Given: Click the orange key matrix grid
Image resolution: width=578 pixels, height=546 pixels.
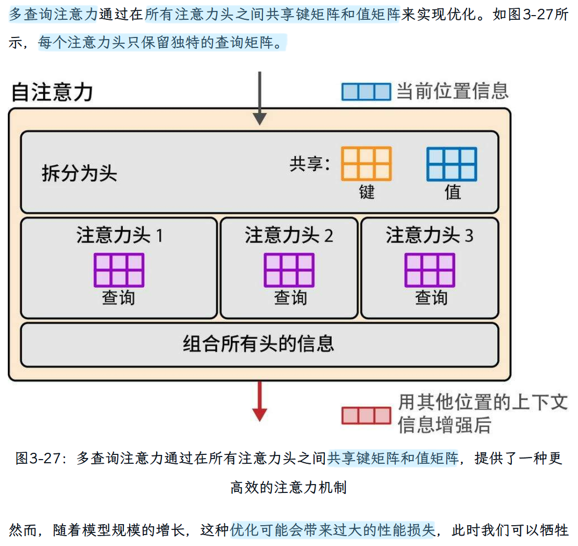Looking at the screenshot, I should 366,164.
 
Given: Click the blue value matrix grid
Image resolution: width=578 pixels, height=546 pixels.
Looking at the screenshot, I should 451,164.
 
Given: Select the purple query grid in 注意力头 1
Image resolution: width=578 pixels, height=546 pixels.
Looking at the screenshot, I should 119,270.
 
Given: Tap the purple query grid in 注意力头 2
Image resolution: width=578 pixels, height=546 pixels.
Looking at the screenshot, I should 289,270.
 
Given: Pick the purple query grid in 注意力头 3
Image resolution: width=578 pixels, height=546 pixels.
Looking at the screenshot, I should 430,270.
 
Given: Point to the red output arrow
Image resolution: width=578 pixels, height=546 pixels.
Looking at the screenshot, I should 259,401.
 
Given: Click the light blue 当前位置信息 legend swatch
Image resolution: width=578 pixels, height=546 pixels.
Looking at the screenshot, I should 366,92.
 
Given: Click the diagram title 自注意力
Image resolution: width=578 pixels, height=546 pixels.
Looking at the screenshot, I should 52,93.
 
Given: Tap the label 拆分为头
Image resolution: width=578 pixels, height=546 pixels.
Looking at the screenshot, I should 79,173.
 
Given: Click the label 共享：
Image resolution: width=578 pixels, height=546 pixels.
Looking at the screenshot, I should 310,164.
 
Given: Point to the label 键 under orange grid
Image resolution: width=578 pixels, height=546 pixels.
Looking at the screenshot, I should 367,192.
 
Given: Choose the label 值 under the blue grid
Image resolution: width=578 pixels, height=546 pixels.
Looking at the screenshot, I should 452,192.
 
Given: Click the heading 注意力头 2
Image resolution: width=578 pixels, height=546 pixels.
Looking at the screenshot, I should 289,235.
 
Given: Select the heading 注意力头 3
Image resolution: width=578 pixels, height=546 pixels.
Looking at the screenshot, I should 430,235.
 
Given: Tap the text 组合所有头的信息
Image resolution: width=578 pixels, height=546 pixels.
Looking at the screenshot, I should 259,344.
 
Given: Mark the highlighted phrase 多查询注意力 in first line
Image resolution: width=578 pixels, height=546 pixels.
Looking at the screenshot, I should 53,15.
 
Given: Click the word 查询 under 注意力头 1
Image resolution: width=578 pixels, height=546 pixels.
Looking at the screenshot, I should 119,298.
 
